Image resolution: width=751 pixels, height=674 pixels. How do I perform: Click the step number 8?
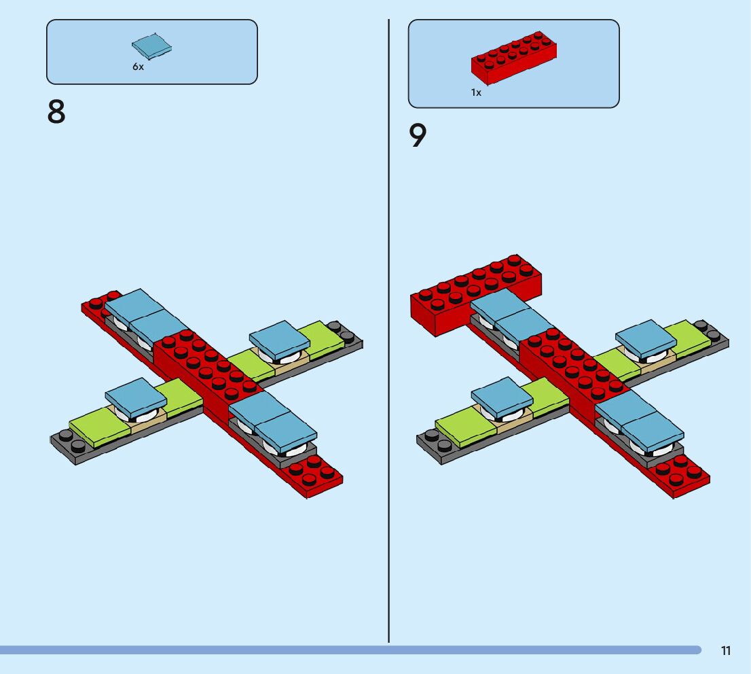[x=56, y=112]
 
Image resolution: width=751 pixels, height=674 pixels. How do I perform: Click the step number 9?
[x=418, y=136]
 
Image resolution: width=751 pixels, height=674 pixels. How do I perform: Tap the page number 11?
[x=726, y=651]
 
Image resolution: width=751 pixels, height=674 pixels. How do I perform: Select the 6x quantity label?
[x=139, y=67]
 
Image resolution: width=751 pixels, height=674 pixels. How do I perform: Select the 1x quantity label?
[x=477, y=92]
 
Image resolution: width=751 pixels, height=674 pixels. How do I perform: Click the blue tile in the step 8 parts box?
[x=151, y=47]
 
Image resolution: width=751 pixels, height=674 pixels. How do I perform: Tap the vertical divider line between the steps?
[x=389, y=340]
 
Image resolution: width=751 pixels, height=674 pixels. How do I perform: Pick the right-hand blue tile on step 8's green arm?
[x=280, y=336]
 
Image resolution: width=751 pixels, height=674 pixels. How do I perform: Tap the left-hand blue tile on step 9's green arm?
[x=502, y=395]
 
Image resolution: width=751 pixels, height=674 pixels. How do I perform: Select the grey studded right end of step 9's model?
[x=710, y=333]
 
